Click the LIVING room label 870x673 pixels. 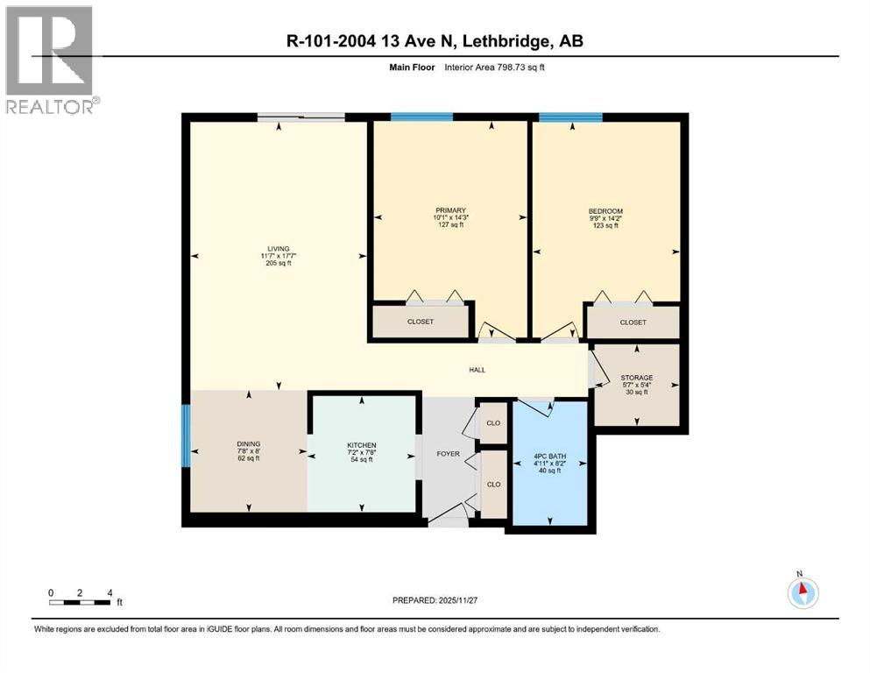(x=279, y=248)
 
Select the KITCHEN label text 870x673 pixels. (x=361, y=445)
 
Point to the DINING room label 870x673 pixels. (x=248, y=443)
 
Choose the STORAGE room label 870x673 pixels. (x=636, y=378)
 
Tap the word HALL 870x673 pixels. (x=477, y=370)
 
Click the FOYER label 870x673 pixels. (x=448, y=454)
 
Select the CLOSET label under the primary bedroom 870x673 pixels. (x=421, y=322)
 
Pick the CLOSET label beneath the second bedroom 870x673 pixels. (x=633, y=322)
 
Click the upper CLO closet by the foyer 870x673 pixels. (x=492, y=423)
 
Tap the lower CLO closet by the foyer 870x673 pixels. (x=493, y=483)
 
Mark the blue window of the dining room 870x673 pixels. (x=186, y=436)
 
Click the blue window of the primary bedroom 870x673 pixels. (x=415, y=117)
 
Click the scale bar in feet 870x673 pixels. (x=81, y=602)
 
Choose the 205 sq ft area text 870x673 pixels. (x=279, y=263)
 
